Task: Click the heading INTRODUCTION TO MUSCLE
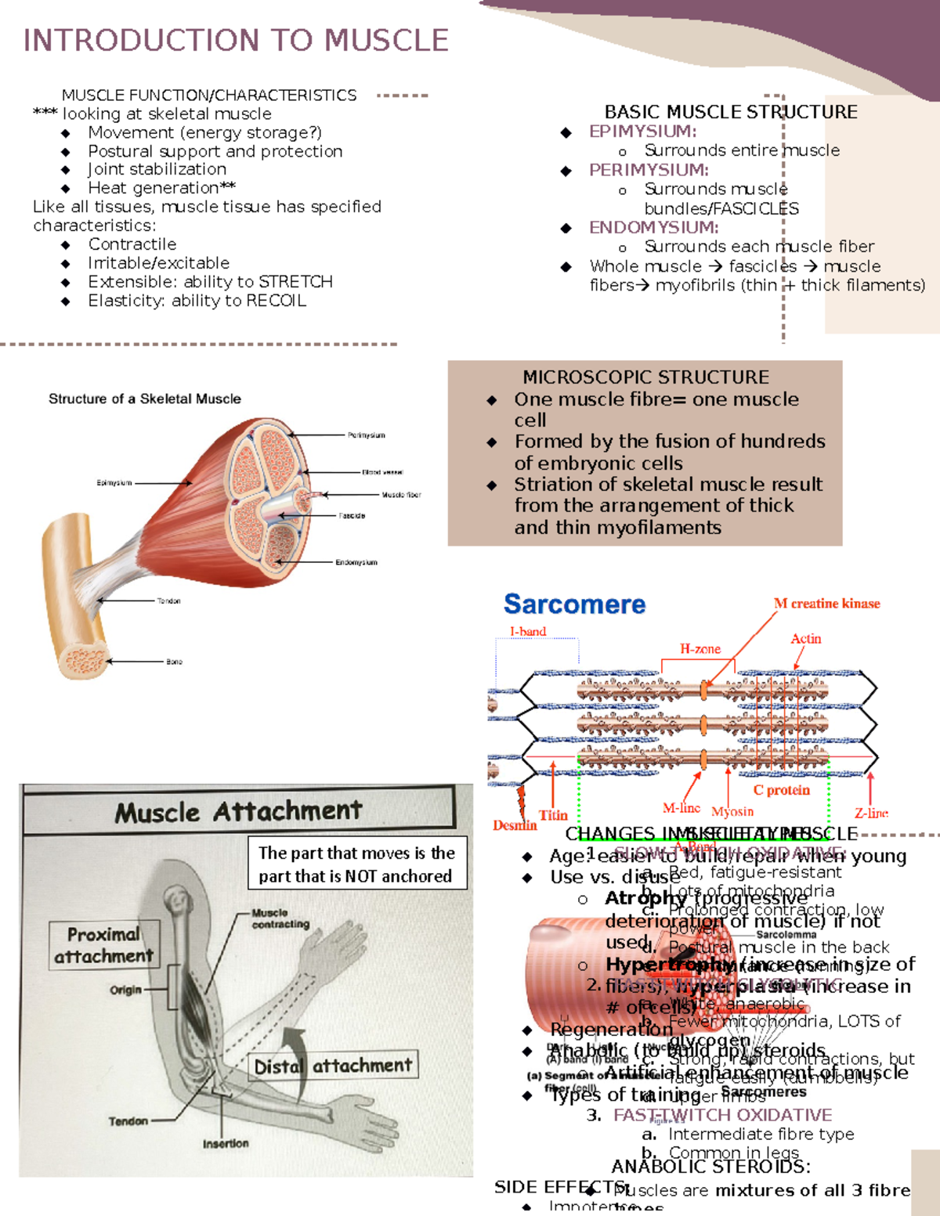(236, 40)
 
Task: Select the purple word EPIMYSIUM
(642, 132)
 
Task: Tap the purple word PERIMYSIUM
(649, 170)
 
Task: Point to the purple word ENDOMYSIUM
(653, 228)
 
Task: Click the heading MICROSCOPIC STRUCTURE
(645, 377)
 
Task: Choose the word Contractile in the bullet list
(132, 244)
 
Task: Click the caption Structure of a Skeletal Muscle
(145, 399)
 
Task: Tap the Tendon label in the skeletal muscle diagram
(168, 601)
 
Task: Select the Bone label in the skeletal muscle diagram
(174, 662)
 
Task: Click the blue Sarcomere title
(574, 604)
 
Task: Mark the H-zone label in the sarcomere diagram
(700, 649)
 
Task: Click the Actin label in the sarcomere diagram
(805, 639)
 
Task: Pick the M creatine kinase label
(826, 604)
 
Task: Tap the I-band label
(527, 631)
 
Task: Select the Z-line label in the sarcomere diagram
(871, 814)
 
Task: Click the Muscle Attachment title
(239, 811)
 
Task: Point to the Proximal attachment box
(104, 945)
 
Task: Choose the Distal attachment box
(334, 1066)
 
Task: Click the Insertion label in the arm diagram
(226, 1144)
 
